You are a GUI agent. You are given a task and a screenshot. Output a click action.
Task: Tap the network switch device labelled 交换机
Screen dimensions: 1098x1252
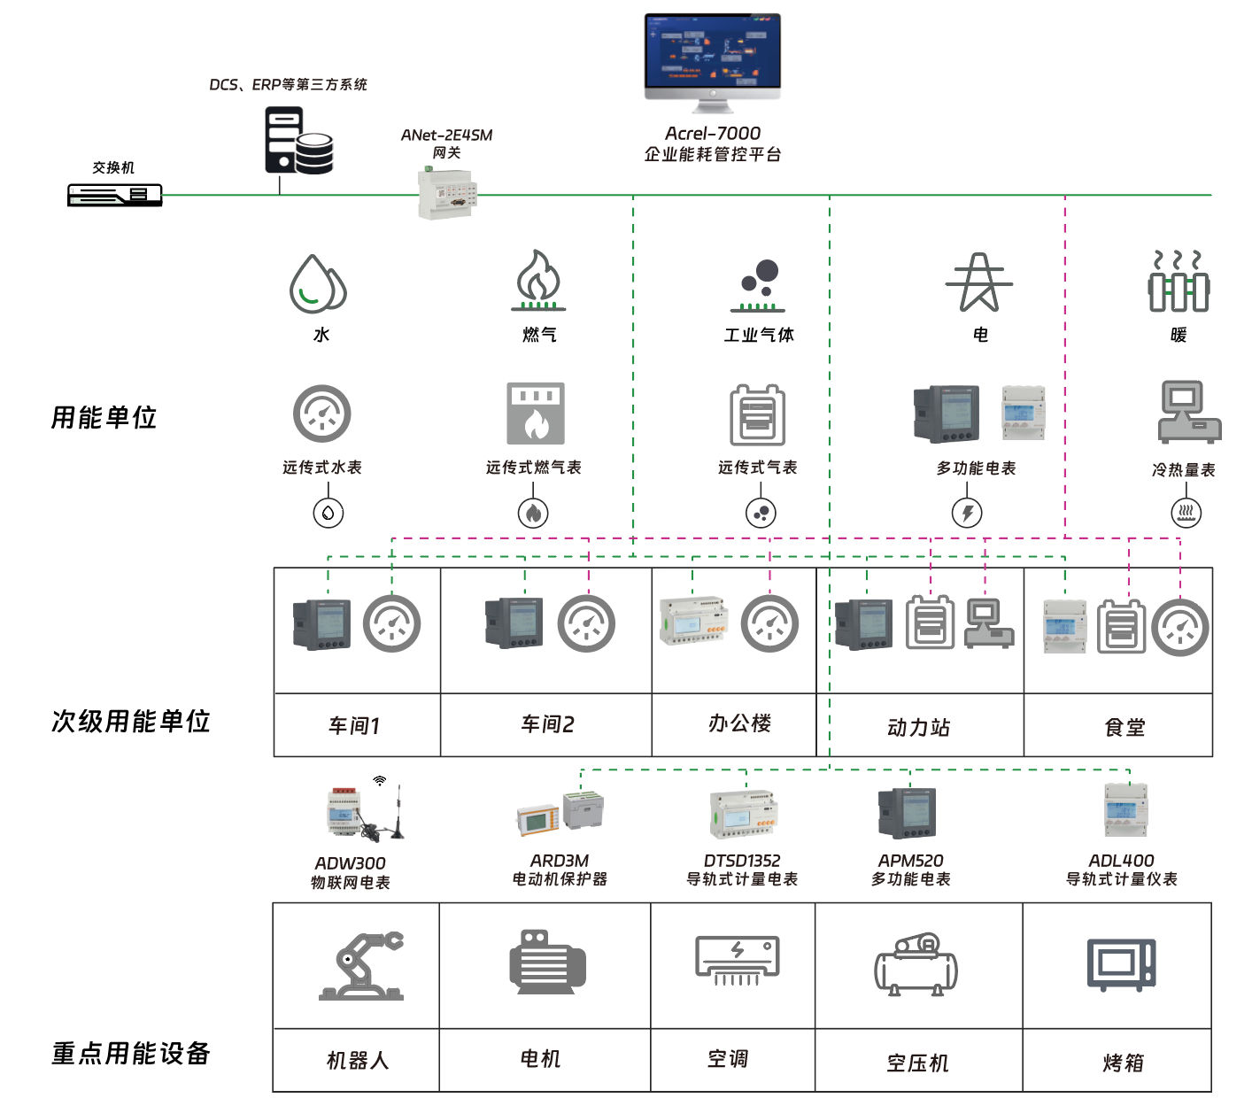click(x=115, y=195)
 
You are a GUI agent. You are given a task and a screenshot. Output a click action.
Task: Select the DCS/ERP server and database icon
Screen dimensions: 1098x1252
click(x=298, y=141)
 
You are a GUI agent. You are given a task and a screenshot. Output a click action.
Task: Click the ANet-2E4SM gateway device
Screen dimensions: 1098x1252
click(x=447, y=194)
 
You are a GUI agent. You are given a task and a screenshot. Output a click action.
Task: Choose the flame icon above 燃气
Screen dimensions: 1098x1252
click(x=537, y=279)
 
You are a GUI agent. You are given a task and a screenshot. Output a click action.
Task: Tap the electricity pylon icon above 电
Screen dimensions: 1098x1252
click(x=978, y=282)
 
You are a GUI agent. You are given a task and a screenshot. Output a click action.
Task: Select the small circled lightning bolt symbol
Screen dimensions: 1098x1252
click(x=967, y=513)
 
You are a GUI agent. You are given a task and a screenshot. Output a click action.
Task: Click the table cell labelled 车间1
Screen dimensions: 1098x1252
click(x=357, y=725)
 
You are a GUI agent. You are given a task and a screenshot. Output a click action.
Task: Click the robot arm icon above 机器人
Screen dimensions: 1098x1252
click(x=361, y=965)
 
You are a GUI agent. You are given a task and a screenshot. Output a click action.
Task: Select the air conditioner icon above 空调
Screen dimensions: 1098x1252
click(x=737, y=961)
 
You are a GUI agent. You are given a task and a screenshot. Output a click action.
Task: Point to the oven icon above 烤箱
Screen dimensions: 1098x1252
click(x=1121, y=964)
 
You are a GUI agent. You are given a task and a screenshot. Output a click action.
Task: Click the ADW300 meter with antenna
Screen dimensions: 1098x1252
click(x=363, y=812)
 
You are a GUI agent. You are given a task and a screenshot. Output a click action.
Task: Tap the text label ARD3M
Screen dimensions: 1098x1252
click(x=559, y=861)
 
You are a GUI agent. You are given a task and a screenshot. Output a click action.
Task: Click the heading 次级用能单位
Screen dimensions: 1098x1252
click(x=130, y=721)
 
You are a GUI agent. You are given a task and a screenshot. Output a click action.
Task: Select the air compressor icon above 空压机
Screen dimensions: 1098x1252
click(x=916, y=965)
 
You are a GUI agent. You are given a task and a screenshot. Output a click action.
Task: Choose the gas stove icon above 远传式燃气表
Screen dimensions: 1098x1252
click(x=536, y=414)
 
